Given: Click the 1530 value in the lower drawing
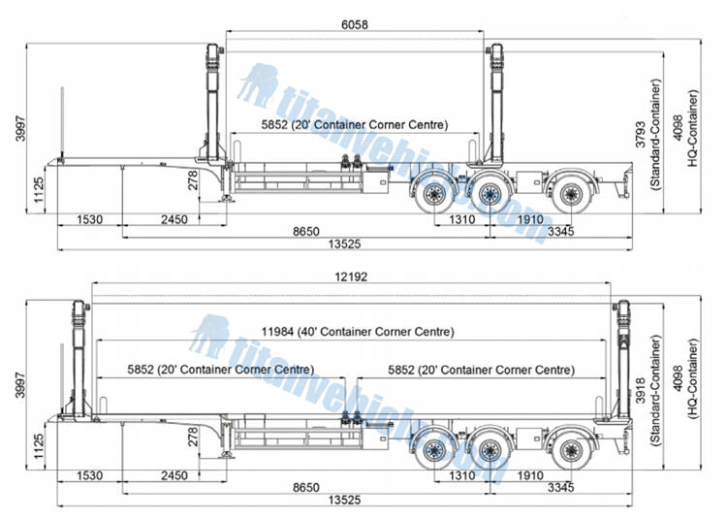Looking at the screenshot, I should [x=90, y=476].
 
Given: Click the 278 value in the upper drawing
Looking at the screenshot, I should [x=193, y=179].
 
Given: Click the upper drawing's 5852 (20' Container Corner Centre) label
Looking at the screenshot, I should [x=354, y=125].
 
